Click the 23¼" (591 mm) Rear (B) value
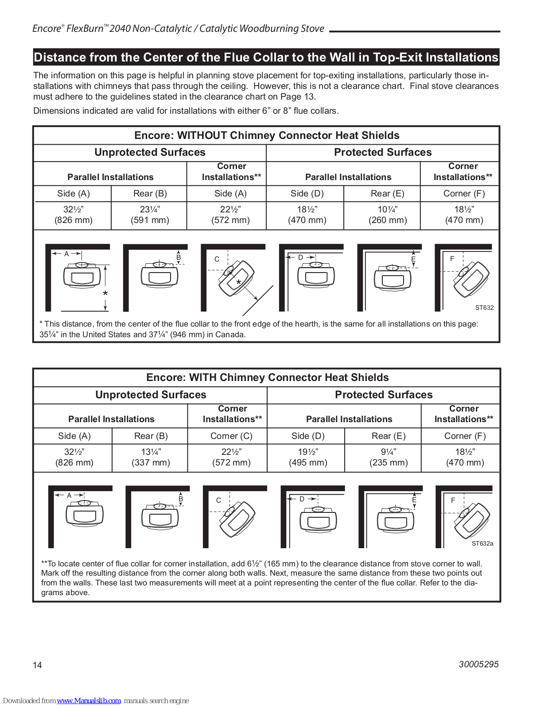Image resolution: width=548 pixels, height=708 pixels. click(x=150, y=215)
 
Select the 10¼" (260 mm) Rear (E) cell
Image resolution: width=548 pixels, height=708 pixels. click(x=388, y=215)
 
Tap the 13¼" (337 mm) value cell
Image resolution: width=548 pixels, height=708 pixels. click(x=151, y=457)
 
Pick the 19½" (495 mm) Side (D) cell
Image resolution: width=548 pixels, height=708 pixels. click(x=308, y=457)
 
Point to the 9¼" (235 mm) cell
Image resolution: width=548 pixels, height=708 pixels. click(x=389, y=457)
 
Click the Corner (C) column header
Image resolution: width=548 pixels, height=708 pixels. click(x=231, y=436)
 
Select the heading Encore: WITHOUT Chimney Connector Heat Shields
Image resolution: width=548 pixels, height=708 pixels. click(x=267, y=135)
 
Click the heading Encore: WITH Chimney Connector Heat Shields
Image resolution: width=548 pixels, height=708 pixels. click(x=268, y=377)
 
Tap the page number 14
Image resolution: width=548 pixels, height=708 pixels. click(x=38, y=665)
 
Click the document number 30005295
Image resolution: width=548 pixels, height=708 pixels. click(x=478, y=664)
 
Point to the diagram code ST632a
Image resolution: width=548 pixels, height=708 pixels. click(x=482, y=543)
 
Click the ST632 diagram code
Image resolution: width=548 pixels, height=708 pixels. click(x=484, y=308)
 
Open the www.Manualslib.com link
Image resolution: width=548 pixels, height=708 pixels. click(x=89, y=701)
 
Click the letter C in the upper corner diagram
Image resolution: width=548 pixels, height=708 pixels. click(x=217, y=259)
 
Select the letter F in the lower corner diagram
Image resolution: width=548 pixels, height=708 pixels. click(x=453, y=500)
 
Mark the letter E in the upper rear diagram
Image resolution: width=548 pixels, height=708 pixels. click(x=413, y=259)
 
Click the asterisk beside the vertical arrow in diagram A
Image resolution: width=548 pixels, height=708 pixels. click(x=105, y=294)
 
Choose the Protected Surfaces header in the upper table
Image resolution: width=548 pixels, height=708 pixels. click(x=383, y=152)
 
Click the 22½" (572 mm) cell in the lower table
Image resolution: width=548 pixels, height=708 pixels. click(x=231, y=457)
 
